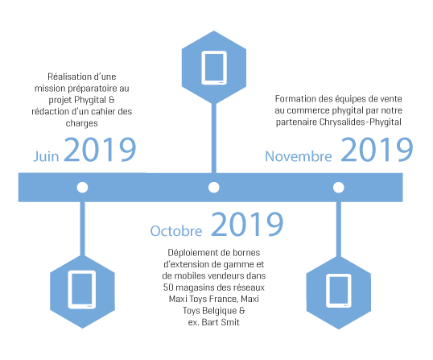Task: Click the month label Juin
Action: coord(46,156)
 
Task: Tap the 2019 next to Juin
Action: coord(100,150)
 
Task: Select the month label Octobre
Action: coord(176,231)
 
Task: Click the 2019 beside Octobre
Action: coord(247,224)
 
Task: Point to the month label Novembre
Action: coord(299,156)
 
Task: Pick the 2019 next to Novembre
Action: coord(377,150)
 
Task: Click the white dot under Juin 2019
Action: coord(82,188)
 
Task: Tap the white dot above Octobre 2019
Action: coord(214,188)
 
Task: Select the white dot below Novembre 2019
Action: coord(339,188)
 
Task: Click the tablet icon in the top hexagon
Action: coord(214,68)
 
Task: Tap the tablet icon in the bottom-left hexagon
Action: coord(82,290)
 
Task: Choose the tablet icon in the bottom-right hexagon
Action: coord(339,291)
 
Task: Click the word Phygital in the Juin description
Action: coord(90,100)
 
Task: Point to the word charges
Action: coord(82,123)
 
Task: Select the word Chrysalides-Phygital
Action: coord(360,122)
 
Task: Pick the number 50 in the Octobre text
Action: coord(168,288)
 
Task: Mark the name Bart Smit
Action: coord(221,322)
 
